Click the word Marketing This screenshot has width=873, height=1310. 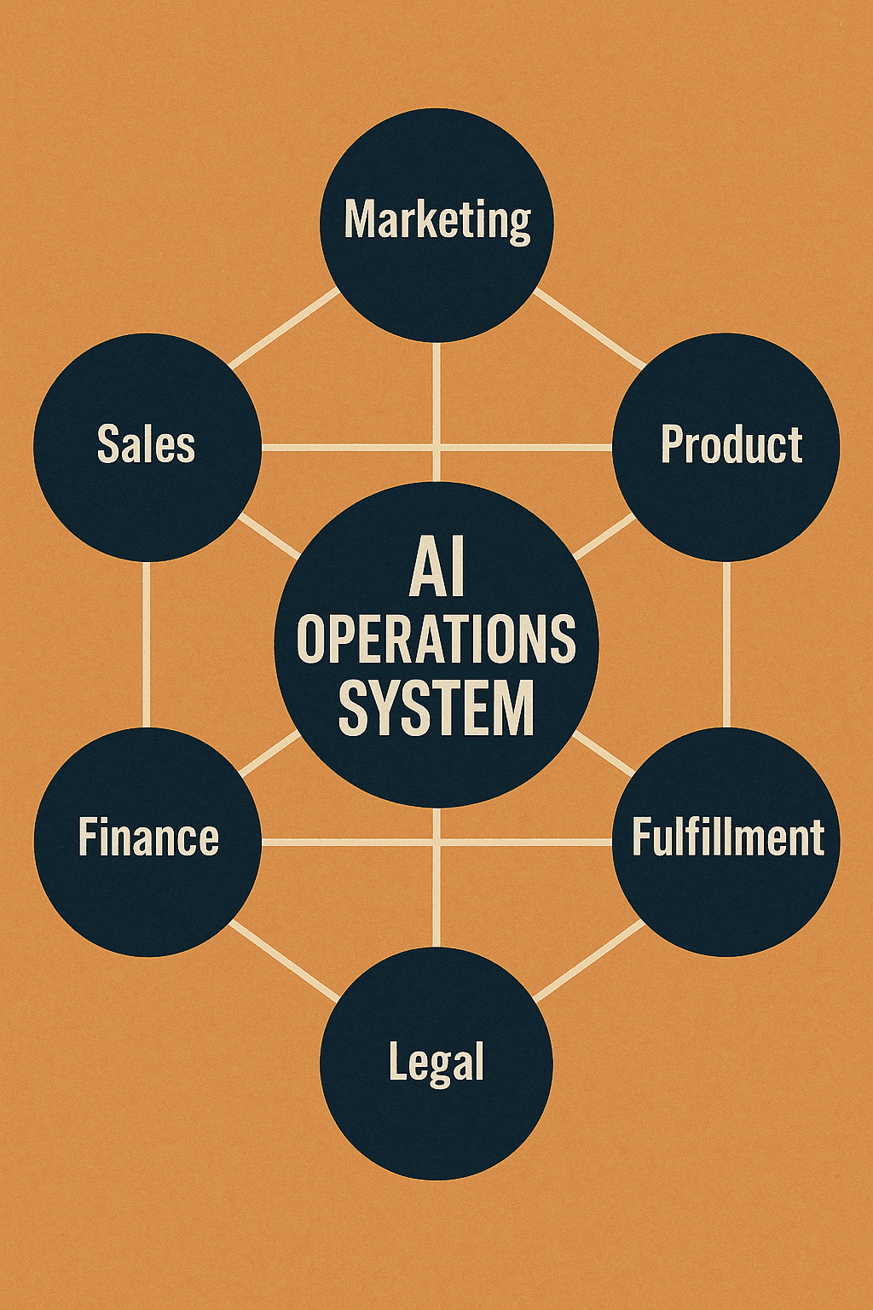436,220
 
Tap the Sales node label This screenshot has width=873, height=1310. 146,444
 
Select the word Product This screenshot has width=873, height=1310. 731,444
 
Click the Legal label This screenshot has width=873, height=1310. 436,1063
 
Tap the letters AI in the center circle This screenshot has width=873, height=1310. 436,570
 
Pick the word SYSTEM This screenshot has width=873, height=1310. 436,708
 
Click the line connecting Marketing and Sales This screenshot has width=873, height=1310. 285,329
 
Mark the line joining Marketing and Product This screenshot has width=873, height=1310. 588,329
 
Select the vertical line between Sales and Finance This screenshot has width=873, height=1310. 147,644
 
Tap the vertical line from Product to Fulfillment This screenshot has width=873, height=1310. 726,644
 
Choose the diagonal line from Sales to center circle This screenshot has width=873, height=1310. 269,536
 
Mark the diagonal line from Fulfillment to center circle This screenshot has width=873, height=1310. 604,754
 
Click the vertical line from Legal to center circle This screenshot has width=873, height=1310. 436,878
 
